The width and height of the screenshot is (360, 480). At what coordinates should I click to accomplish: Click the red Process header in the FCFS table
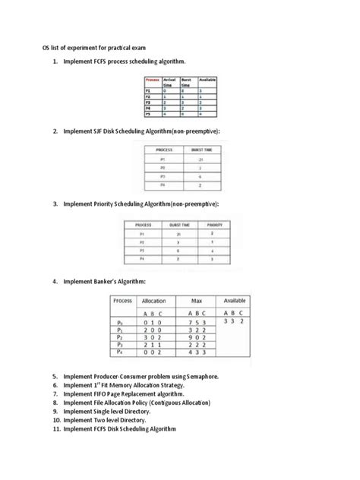(151, 80)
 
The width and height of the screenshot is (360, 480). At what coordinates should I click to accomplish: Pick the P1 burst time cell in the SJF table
(201, 160)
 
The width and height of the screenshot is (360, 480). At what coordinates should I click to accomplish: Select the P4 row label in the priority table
(142, 258)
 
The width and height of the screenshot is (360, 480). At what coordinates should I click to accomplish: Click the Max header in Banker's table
(196, 301)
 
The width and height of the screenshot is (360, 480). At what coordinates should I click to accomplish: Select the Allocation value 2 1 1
(154, 346)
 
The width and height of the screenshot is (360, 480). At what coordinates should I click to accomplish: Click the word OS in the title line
(46, 47)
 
